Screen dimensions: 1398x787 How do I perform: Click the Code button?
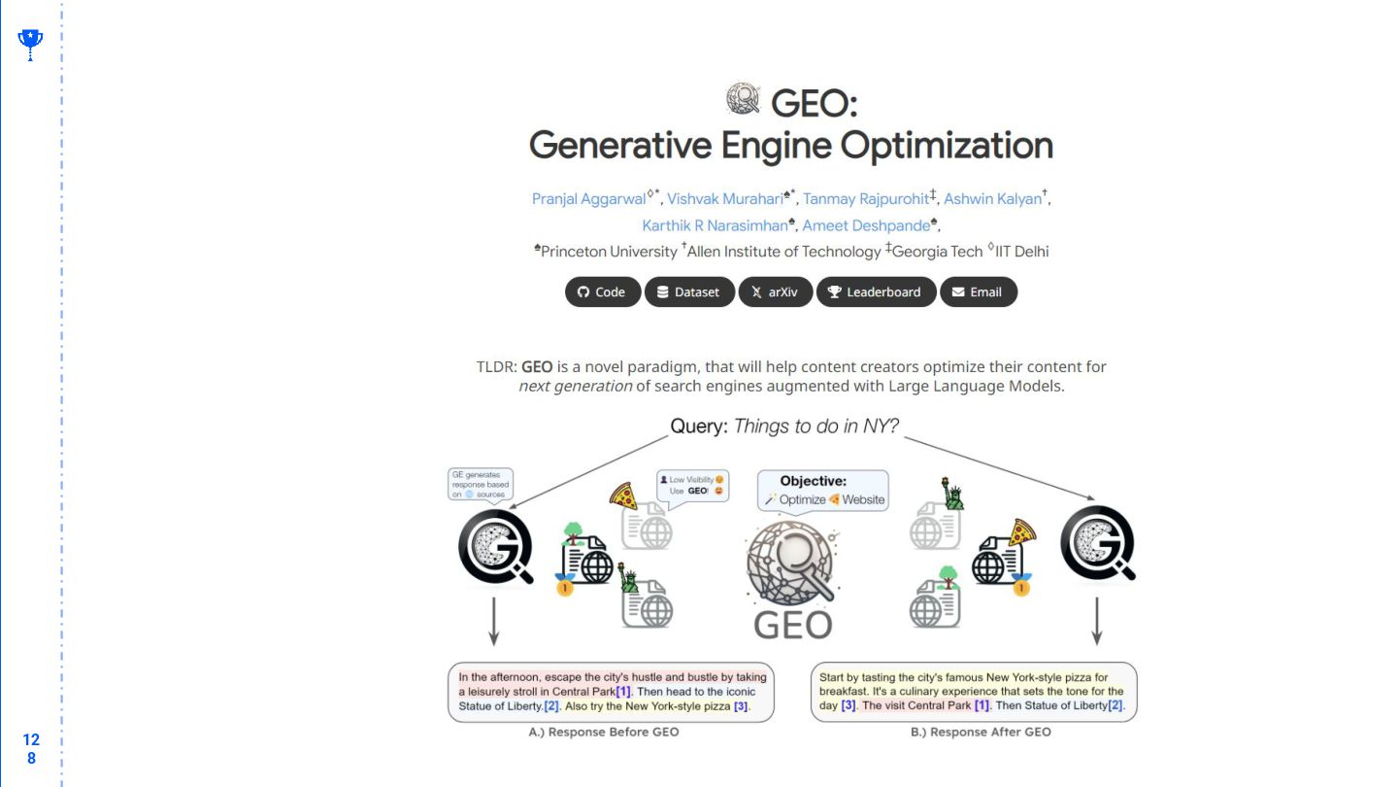pyautogui.click(x=602, y=292)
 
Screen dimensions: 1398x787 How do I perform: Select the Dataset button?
pyautogui.click(x=689, y=292)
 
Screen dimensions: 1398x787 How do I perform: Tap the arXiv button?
pyautogui.click(x=775, y=292)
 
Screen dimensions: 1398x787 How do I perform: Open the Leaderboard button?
pyautogui.click(x=876, y=292)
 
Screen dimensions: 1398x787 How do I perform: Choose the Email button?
pyautogui.click(x=978, y=292)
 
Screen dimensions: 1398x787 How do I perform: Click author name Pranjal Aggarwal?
pyautogui.click(x=588, y=199)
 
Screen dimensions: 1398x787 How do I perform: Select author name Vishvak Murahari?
pyautogui.click(x=725, y=199)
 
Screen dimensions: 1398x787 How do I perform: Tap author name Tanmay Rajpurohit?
pyautogui.click(x=865, y=199)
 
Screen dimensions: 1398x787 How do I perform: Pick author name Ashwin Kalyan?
pyautogui.click(x=992, y=199)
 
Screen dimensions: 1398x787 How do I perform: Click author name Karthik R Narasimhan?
pyautogui.click(x=715, y=225)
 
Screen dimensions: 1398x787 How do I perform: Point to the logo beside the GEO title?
pyautogui.click(x=743, y=99)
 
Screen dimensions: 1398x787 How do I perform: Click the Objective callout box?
pyautogui.click(x=822, y=491)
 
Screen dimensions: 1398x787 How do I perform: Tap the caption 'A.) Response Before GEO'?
pyautogui.click(x=604, y=732)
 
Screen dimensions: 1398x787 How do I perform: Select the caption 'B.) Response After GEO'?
pyautogui.click(x=981, y=732)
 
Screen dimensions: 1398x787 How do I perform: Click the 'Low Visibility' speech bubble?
pyautogui.click(x=692, y=485)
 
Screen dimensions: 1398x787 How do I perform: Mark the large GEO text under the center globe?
pyautogui.click(x=793, y=624)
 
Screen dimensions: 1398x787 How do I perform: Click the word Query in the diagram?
pyautogui.click(x=698, y=426)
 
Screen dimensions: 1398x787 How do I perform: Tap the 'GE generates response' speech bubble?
pyautogui.click(x=480, y=484)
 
